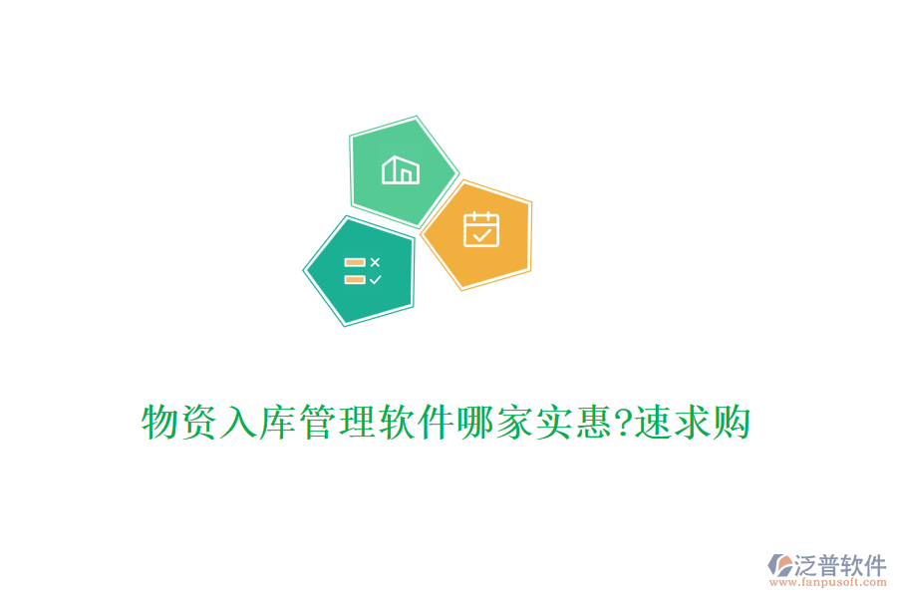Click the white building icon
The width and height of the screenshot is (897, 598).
401,170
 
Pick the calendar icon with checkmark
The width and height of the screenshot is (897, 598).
480,229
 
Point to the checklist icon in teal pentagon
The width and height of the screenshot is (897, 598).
362,271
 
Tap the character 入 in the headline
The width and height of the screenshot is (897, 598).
241,424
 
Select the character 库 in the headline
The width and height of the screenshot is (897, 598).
281,424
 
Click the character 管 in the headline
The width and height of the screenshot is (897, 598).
321,424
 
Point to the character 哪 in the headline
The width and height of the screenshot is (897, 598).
481,424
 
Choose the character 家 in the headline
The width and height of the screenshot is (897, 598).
521,424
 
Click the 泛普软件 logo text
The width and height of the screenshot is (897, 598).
840,565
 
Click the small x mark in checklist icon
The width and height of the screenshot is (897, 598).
375,262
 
